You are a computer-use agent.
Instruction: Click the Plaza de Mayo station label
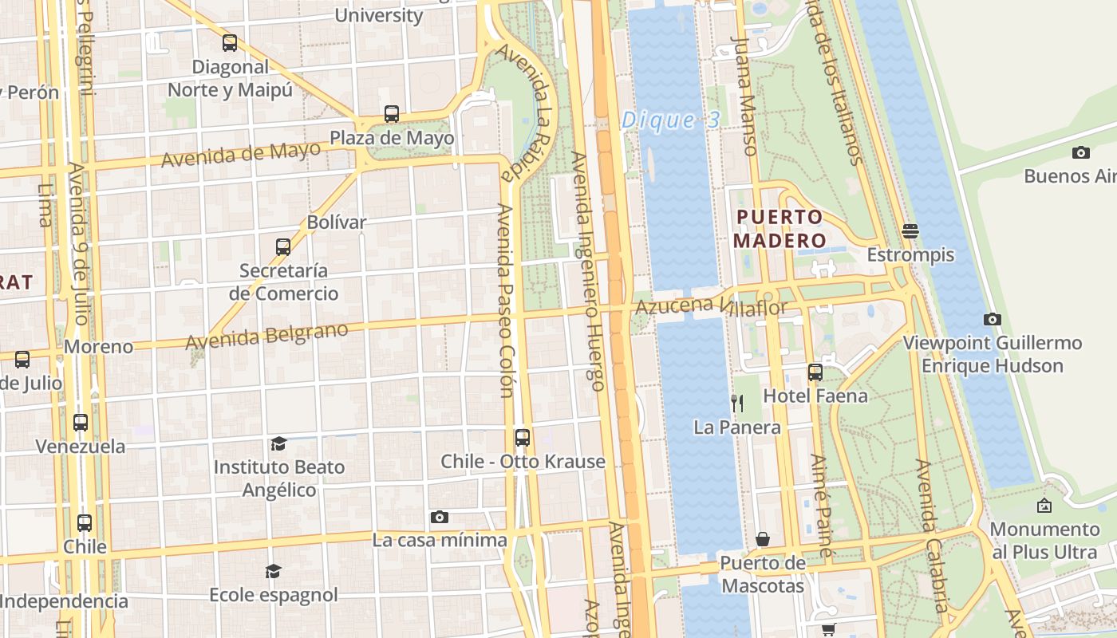(x=392, y=138)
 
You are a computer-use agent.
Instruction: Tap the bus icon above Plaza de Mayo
(x=391, y=114)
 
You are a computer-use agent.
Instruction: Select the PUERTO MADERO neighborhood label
(x=780, y=228)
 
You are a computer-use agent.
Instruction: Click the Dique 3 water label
(x=670, y=120)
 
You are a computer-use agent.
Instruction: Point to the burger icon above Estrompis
(x=910, y=231)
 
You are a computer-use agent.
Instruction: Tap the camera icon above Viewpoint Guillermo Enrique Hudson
(x=992, y=319)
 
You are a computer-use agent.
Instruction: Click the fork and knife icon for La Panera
(x=737, y=404)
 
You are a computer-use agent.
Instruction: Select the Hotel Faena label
(x=815, y=396)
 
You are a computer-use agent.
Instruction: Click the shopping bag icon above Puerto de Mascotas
(x=763, y=539)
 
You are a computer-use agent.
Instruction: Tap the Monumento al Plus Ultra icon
(x=1044, y=506)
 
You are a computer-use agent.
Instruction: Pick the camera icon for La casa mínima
(x=439, y=517)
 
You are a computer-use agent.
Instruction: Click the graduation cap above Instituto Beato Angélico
(x=278, y=443)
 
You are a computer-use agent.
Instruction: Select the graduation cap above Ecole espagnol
(x=273, y=571)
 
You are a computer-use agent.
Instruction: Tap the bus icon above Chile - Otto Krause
(x=523, y=437)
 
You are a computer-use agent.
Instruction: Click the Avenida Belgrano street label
(x=266, y=336)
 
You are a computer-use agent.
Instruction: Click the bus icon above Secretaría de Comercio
(x=283, y=247)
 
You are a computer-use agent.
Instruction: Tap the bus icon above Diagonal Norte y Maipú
(x=230, y=43)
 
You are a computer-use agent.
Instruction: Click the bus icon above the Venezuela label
(x=81, y=423)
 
